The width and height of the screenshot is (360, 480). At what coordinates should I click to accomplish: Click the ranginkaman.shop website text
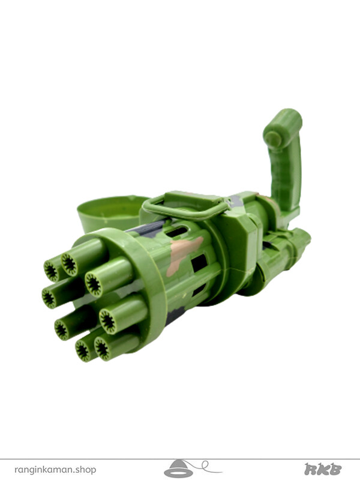55,469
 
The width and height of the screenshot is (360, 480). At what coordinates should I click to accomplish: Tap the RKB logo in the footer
323,469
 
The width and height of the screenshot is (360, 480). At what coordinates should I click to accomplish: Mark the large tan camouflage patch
183,253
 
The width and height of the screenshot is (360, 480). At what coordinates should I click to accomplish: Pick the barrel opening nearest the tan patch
94,284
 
